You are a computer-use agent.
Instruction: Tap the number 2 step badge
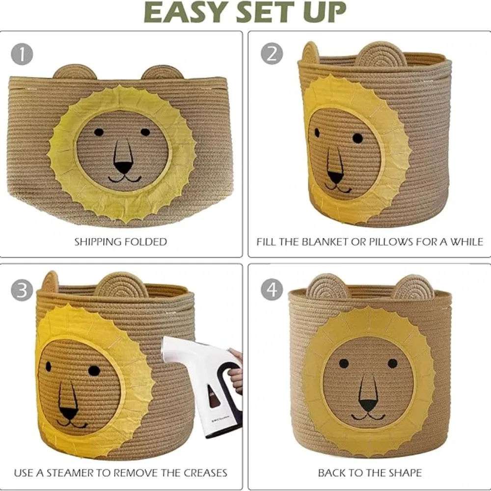coord(272,54)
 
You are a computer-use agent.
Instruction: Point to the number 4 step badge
coord(272,291)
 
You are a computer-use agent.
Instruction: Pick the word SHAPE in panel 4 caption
coord(405,473)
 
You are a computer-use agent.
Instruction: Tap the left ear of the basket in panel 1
coord(75,73)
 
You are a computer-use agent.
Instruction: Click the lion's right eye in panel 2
coord(357,138)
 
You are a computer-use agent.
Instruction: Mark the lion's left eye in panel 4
coord(344,363)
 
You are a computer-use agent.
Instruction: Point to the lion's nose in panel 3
coord(69,413)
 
